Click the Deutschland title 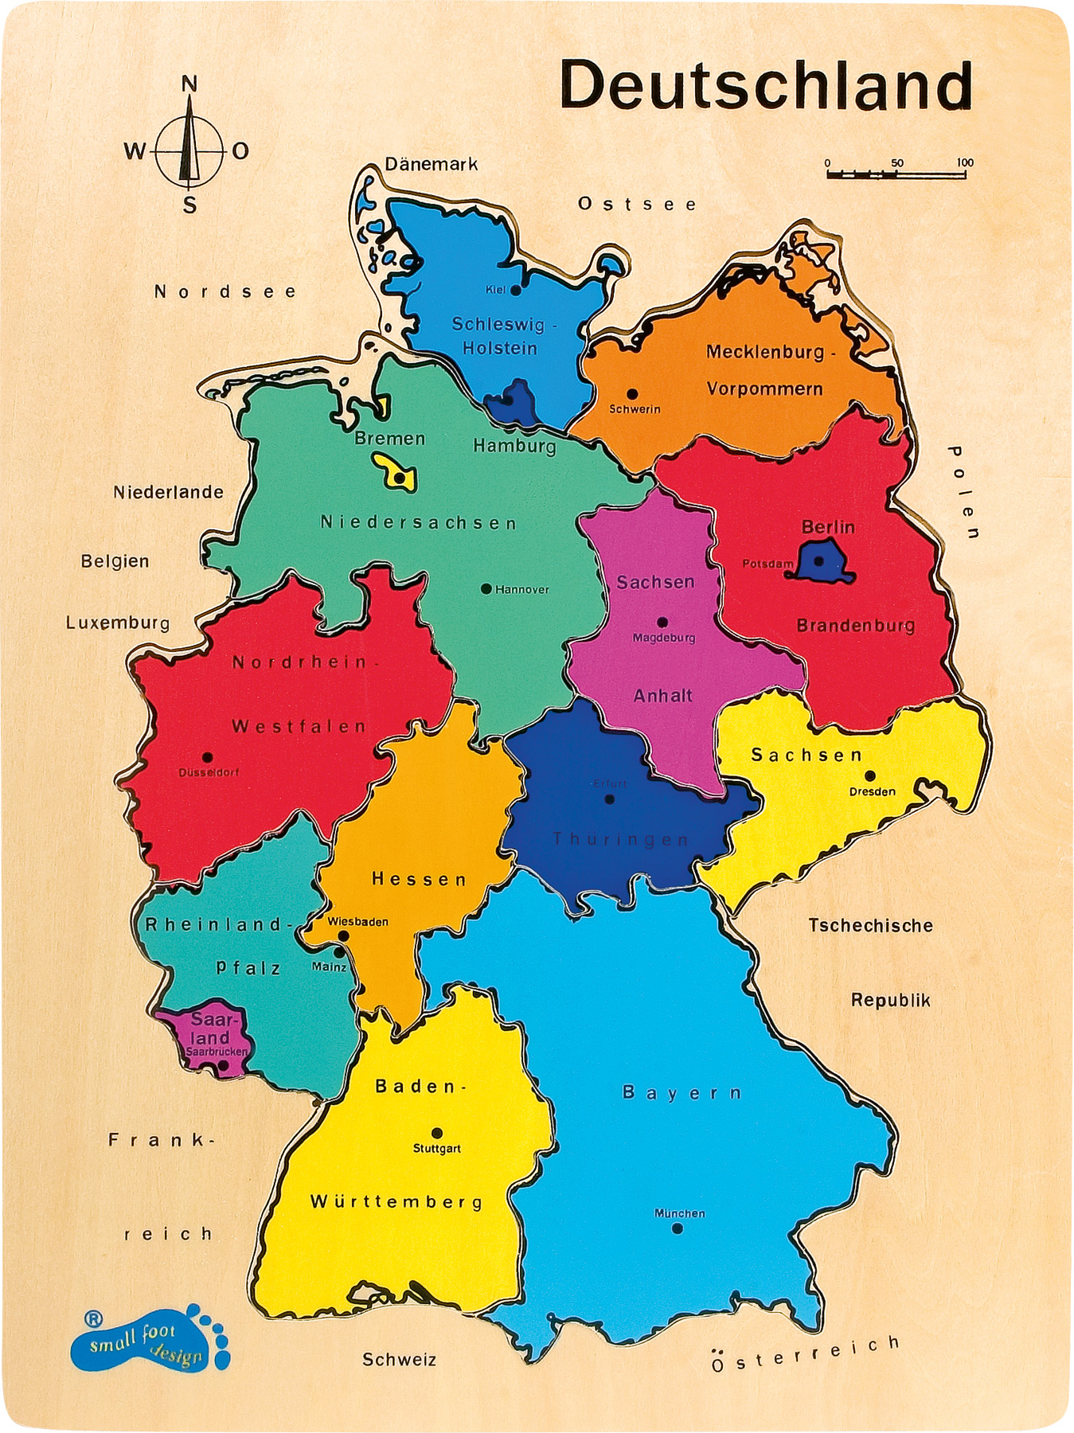[x=766, y=85]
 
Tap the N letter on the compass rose [x=189, y=84]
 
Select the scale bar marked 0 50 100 [x=896, y=170]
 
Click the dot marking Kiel [x=516, y=291]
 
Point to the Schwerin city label [x=635, y=409]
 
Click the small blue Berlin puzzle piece [x=824, y=560]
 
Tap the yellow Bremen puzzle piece [x=396, y=474]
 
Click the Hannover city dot [x=486, y=589]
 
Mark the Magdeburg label [x=664, y=638]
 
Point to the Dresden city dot [x=870, y=775]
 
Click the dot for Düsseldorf [x=208, y=757]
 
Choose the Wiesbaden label [x=358, y=922]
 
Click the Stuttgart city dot [x=436, y=1133]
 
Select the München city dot [x=677, y=1228]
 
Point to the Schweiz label [x=400, y=1360]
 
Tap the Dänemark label [x=432, y=165]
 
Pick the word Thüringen [x=621, y=839]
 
